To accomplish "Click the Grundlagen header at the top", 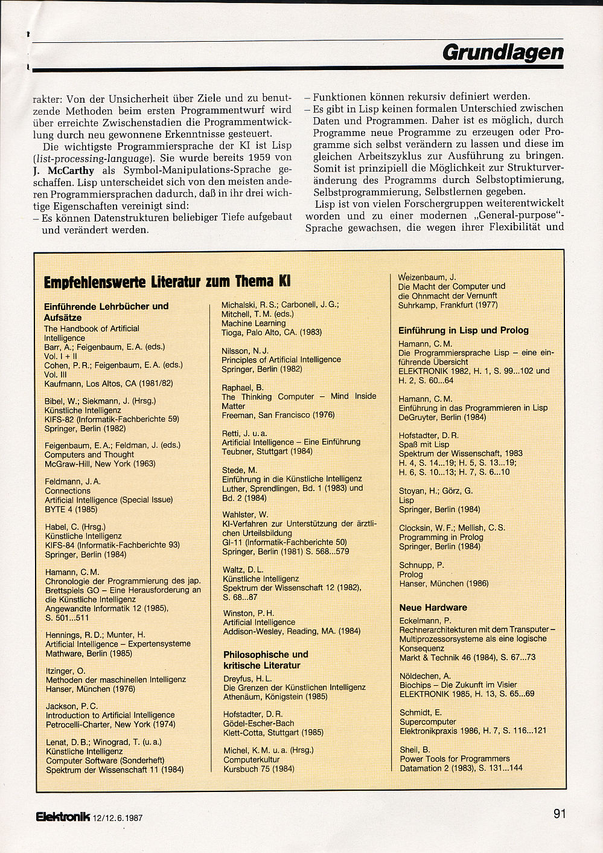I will (x=503, y=53).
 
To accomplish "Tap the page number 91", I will (x=559, y=814).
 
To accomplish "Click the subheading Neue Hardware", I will (x=433, y=608).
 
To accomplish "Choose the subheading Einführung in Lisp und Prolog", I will (x=463, y=330).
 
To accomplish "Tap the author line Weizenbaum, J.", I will (x=427, y=277).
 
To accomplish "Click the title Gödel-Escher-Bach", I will (x=258, y=723).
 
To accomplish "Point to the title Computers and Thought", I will (x=89, y=454).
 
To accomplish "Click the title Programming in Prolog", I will (x=441, y=537).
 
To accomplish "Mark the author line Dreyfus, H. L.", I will (x=247, y=678).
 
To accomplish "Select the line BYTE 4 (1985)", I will (x=71, y=509).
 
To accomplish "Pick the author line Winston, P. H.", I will (x=248, y=613).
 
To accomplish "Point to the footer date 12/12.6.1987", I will (x=118, y=819).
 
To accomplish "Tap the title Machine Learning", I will (x=254, y=323).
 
